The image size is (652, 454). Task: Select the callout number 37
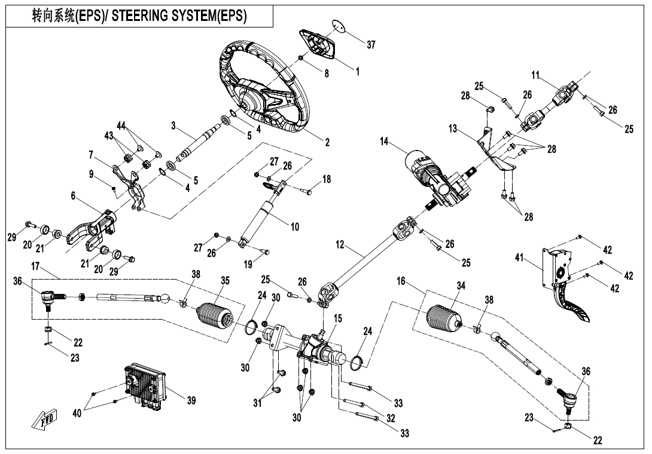pos(371,45)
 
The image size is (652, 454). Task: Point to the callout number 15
pos(338,320)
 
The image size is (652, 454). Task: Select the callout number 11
pos(535,75)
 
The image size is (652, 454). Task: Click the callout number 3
pos(173,126)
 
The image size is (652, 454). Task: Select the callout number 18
pos(326,179)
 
